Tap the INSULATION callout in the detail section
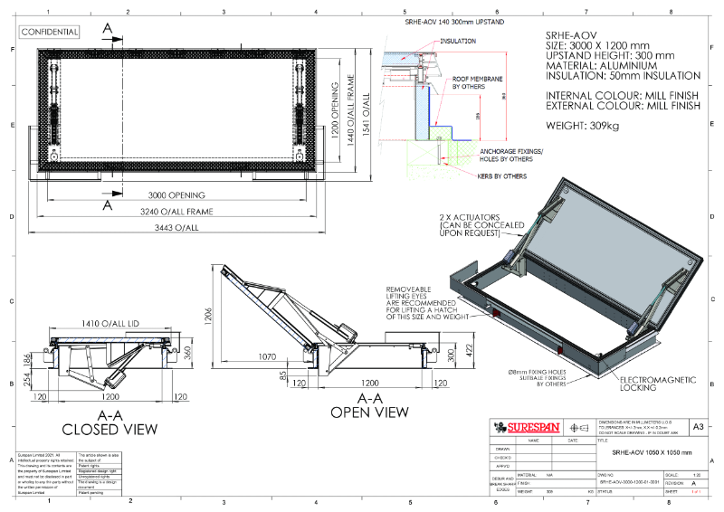tap(458, 42)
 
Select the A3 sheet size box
tap(698, 426)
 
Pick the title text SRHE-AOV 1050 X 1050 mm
tap(651, 451)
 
